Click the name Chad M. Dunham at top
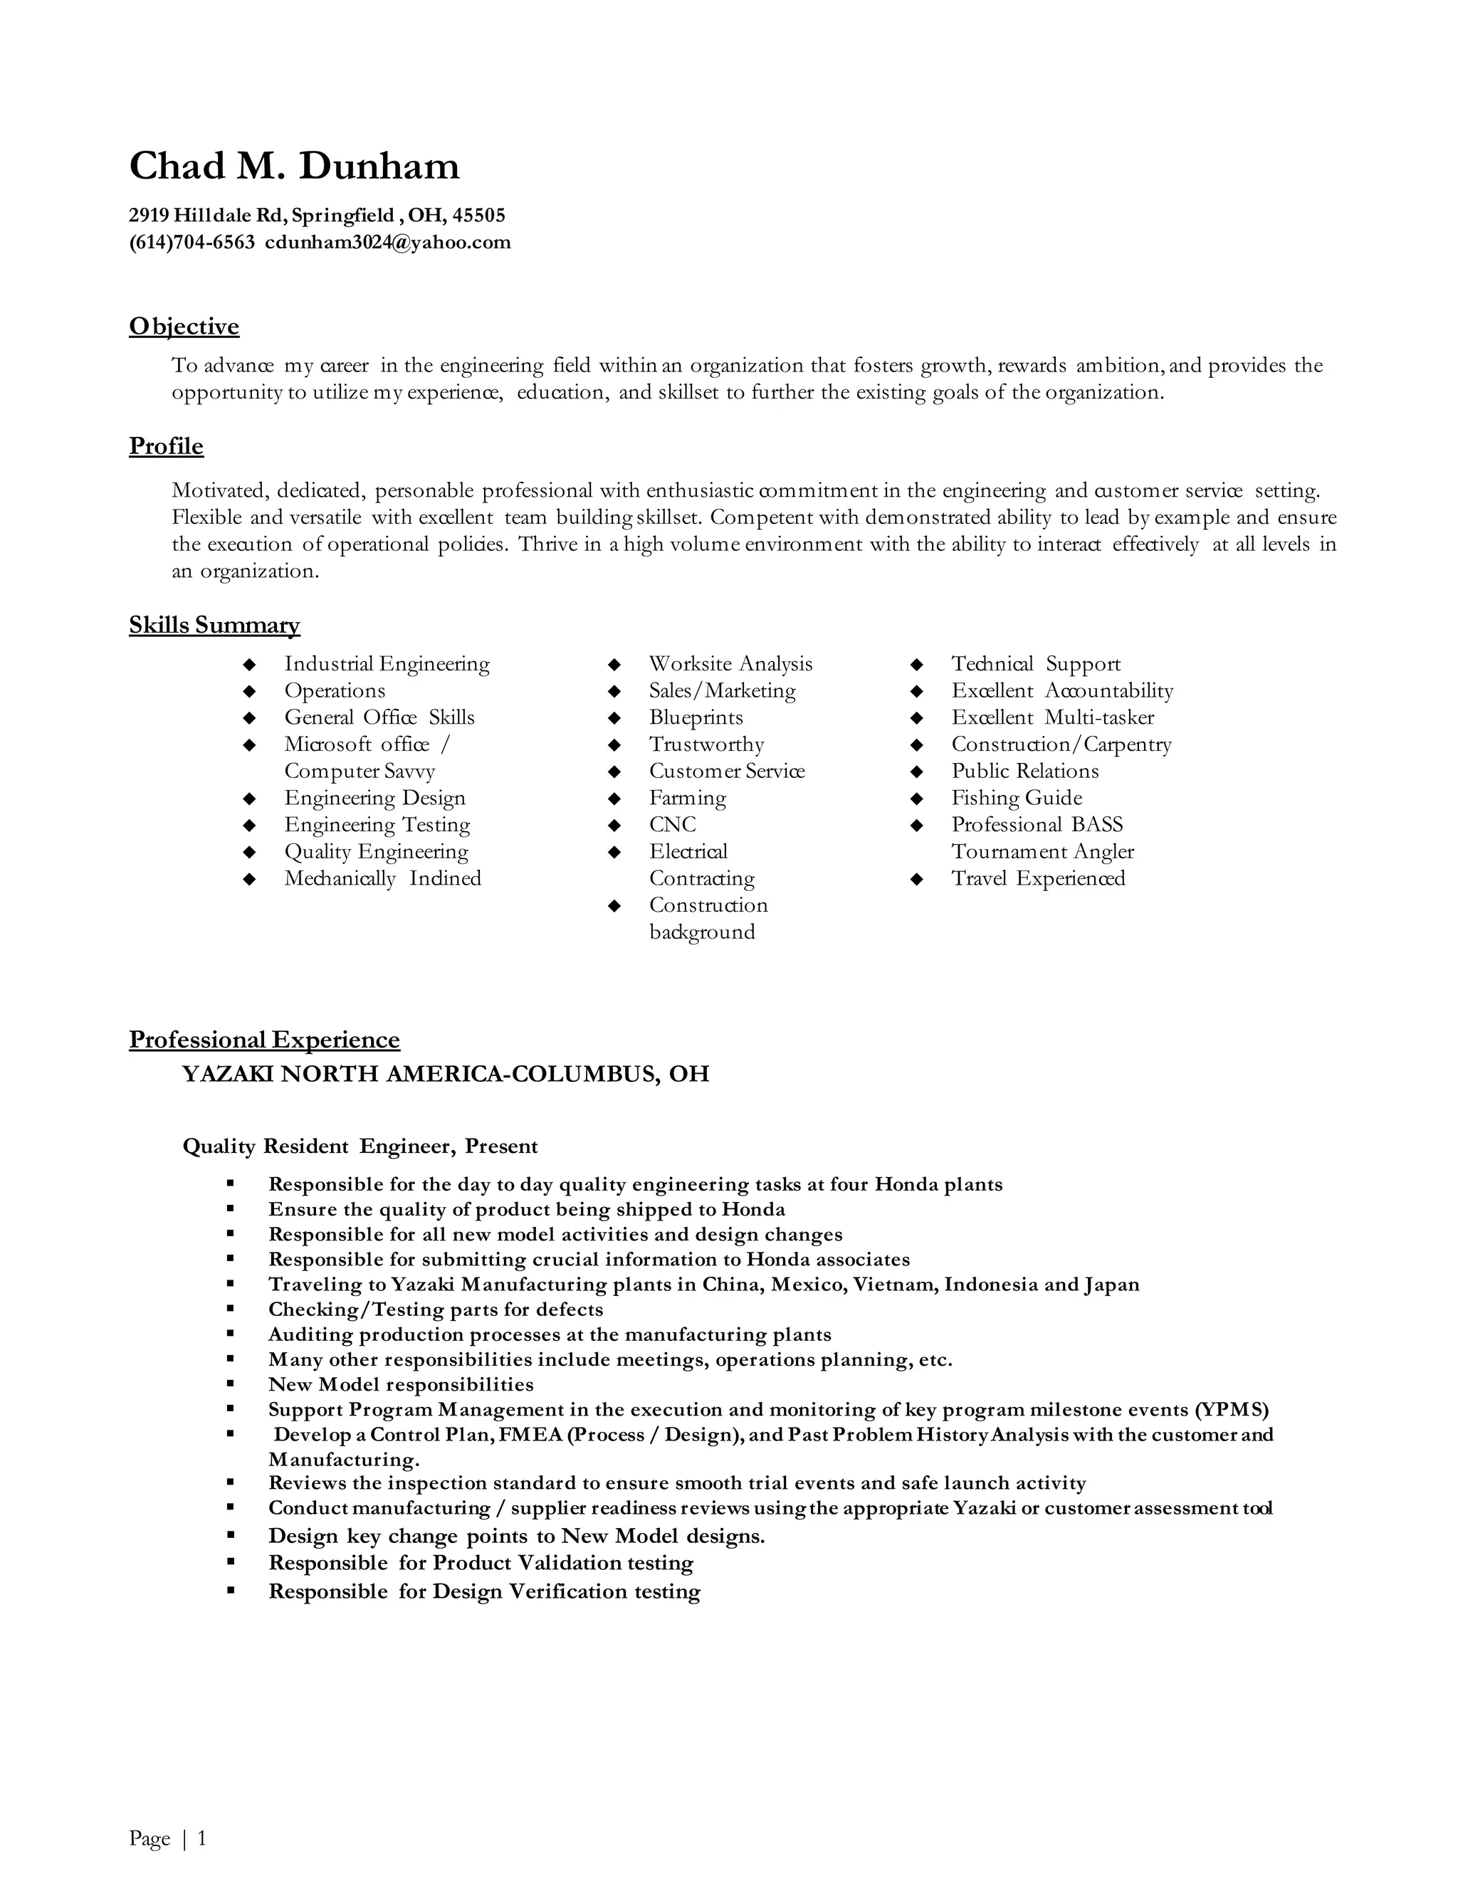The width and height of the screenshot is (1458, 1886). click(294, 166)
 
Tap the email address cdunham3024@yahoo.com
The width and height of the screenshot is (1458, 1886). click(388, 243)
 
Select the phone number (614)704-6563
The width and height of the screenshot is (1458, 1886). click(192, 243)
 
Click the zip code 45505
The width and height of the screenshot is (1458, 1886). click(478, 215)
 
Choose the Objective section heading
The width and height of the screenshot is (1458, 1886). click(184, 327)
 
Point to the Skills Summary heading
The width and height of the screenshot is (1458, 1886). click(214, 625)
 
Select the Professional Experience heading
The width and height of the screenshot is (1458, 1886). click(264, 1040)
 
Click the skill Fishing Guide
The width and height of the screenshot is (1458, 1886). click(1017, 798)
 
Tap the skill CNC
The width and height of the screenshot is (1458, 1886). click(672, 825)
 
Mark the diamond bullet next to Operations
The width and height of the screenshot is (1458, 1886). click(250, 692)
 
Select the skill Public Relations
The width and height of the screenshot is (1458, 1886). click(1024, 771)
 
